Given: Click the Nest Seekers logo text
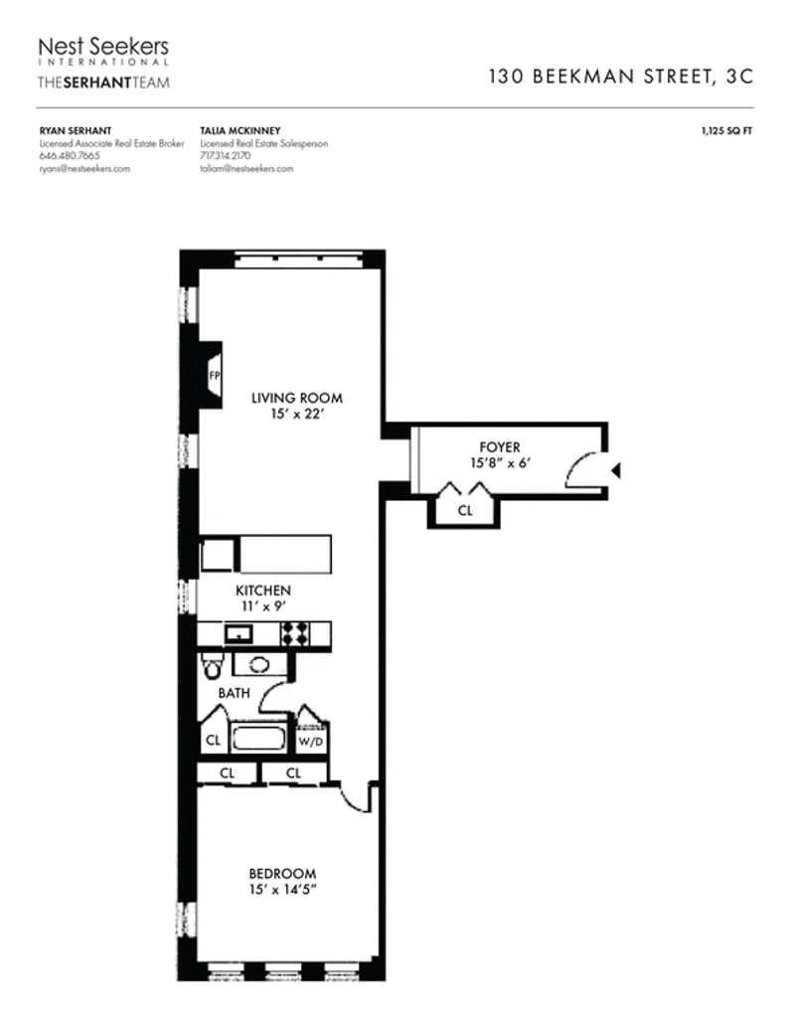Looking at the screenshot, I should point(102,47).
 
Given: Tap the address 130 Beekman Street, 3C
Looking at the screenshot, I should point(621,77).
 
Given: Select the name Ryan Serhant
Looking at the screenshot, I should point(69,130).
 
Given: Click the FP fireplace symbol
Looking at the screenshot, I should point(213,376).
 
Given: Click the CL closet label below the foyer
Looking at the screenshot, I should point(465,511).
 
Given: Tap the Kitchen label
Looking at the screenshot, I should point(262,590).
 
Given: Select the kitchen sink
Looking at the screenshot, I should point(238,633).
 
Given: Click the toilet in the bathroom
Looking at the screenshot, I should point(210,664).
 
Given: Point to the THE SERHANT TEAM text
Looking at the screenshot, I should point(102,82).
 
